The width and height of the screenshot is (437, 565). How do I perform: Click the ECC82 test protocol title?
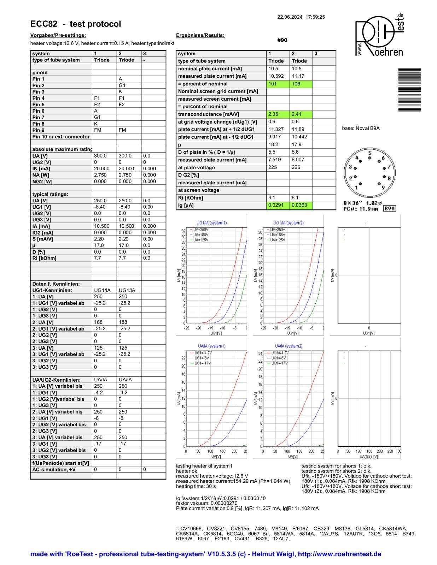click(x=76, y=24)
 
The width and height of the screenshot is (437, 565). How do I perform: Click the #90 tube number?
click(x=282, y=40)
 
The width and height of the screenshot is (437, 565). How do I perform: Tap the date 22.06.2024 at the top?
click(x=290, y=17)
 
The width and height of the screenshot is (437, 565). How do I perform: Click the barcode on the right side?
click(x=410, y=90)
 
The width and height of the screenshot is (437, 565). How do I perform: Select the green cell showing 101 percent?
click(x=278, y=84)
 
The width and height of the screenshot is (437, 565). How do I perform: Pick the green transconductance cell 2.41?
click(x=301, y=114)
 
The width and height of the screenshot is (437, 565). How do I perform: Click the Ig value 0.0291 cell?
click(x=278, y=205)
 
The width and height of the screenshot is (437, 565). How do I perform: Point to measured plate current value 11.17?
click(x=301, y=76)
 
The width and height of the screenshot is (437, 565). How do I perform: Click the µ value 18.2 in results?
click(x=278, y=144)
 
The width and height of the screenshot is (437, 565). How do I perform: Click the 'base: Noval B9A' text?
click(x=361, y=128)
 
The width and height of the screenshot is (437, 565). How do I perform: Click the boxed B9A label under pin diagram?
click(x=389, y=209)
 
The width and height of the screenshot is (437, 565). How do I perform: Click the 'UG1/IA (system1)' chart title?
click(x=211, y=223)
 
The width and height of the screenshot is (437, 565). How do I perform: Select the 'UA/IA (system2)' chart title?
click(x=289, y=346)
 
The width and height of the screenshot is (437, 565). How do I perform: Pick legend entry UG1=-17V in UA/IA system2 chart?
click(x=279, y=363)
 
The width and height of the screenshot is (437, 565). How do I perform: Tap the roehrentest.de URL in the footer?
click(x=339, y=554)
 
